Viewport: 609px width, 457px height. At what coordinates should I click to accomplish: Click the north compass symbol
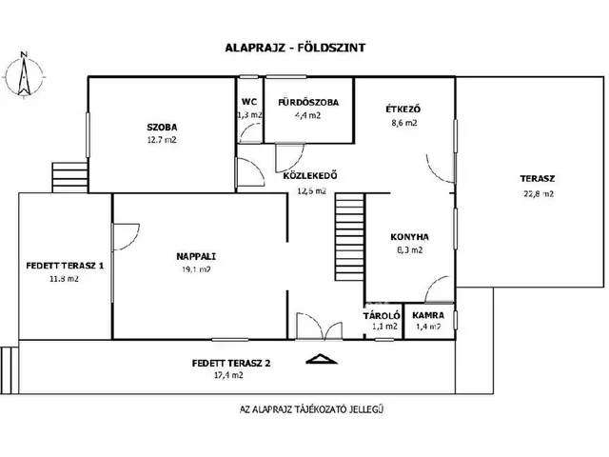(x=24, y=75)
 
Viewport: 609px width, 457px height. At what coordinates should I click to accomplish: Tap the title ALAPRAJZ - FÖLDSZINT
(x=295, y=48)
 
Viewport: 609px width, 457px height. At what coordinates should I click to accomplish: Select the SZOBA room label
(x=162, y=127)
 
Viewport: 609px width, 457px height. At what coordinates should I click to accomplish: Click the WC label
(x=249, y=102)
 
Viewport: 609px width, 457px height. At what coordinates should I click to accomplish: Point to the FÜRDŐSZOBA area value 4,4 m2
(x=307, y=115)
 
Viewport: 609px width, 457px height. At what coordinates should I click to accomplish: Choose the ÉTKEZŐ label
(x=403, y=109)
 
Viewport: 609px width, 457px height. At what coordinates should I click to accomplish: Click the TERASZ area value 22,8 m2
(x=539, y=193)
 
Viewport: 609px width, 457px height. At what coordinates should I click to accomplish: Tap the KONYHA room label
(x=409, y=237)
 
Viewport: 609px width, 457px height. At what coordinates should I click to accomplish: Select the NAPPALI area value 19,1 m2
(x=196, y=268)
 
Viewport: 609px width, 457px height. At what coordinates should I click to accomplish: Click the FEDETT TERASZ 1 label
(x=65, y=266)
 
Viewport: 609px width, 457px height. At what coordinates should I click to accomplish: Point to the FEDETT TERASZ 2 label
(x=231, y=364)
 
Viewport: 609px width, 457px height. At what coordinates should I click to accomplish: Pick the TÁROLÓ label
(x=382, y=315)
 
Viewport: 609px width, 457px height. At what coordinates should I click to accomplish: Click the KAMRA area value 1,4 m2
(x=428, y=327)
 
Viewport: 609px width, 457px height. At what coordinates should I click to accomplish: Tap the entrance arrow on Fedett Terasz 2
(x=322, y=359)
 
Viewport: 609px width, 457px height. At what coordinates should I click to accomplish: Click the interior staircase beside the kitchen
(x=349, y=237)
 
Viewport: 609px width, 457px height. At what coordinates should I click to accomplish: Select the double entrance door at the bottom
(x=320, y=326)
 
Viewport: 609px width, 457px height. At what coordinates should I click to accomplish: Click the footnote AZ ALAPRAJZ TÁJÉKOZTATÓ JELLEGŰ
(x=311, y=409)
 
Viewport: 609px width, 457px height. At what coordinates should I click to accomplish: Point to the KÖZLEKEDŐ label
(x=310, y=175)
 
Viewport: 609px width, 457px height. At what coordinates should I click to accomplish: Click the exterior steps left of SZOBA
(x=69, y=177)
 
